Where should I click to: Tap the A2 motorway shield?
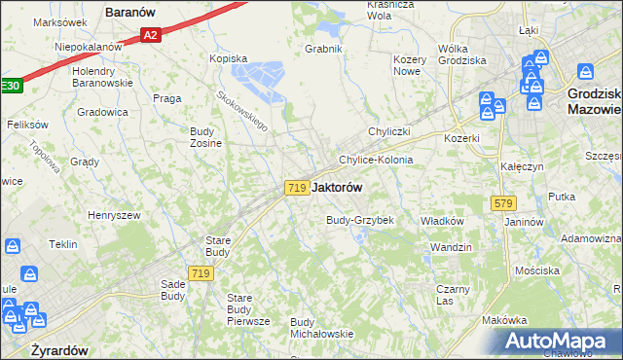(x=149, y=36)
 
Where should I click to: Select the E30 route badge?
(x=10, y=86)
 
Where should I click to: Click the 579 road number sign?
(x=503, y=203)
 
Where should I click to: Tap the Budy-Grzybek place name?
(x=359, y=220)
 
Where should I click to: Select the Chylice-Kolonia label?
(x=375, y=160)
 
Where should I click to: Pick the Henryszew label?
(x=114, y=214)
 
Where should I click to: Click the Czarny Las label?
(x=453, y=295)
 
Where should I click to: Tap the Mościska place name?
(x=537, y=269)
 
